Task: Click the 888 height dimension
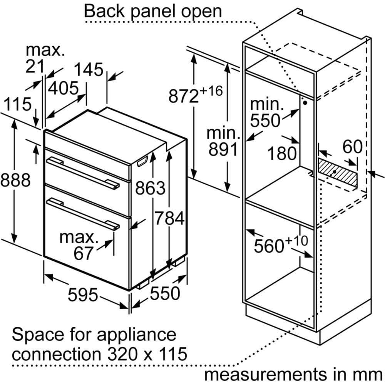pos(15,180)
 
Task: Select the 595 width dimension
pos(83,295)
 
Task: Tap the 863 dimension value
pos(151,189)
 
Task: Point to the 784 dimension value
pos(170,219)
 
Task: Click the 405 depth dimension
pos(64,89)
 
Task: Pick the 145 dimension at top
pos(89,70)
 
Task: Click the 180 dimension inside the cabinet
pos(283,153)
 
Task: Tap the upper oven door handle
pos(83,174)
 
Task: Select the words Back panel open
pos(153,11)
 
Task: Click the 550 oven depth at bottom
pos(165,293)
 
